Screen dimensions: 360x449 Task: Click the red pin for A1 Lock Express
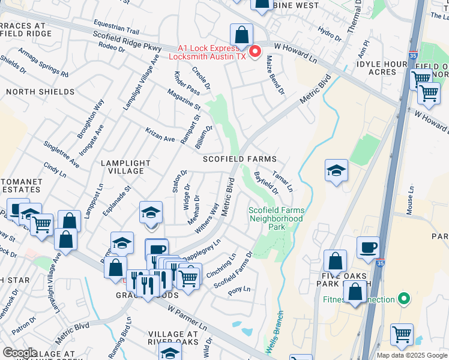tap(254, 52)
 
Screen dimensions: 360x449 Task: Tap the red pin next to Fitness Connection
tap(404, 299)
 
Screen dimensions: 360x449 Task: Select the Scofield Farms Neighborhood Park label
tap(276, 219)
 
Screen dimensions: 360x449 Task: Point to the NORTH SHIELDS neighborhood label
tap(40, 92)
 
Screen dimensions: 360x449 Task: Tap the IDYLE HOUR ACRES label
tap(384, 67)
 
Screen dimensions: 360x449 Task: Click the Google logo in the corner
tap(20, 353)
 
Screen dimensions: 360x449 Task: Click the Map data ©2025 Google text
tap(412, 355)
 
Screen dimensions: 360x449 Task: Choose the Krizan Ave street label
tap(159, 135)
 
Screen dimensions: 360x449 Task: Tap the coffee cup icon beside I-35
tap(368, 247)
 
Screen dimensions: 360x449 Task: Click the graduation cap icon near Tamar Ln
tap(337, 170)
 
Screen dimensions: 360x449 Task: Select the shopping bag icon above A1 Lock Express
tap(241, 34)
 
